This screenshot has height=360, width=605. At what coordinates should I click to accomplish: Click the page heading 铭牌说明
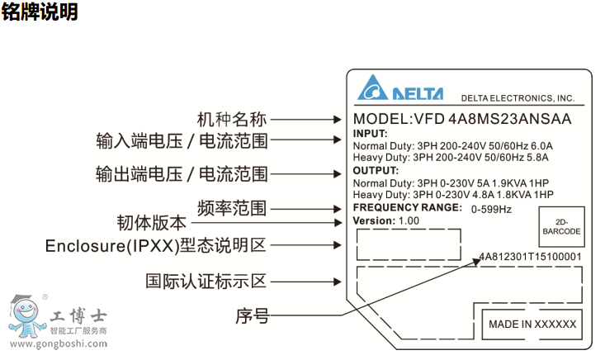[x=40, y=13]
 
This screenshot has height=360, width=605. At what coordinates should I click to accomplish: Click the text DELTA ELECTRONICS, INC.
[x=517, y=97]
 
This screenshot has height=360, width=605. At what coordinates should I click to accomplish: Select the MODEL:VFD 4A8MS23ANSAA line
[x=462, y=118]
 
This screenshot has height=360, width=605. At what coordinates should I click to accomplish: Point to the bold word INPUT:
[x=369, y=134]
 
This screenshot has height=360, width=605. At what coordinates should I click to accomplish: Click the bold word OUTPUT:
[x=376, y=170]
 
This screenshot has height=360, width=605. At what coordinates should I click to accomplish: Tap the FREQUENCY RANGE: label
[x=407, y=207]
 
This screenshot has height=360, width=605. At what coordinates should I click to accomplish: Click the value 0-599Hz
[x=491, y=209]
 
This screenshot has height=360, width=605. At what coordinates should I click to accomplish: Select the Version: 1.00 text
[x=386, y=221]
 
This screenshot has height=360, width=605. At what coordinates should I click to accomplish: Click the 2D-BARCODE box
[x=561, y=227]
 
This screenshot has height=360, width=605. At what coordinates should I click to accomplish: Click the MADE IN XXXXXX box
[x=532, y=324]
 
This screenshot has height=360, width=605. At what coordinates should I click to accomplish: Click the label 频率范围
[x=232, y=206]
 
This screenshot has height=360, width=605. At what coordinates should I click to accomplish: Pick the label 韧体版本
[x=151, y=222]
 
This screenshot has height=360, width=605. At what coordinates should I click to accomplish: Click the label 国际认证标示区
[x=206, y=282]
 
